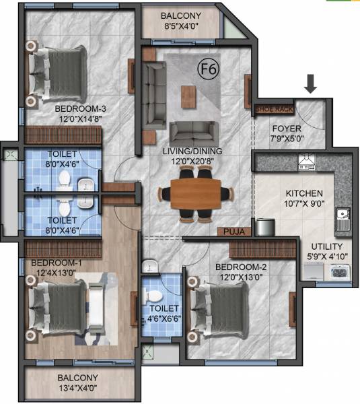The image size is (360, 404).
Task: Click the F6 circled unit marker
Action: pyautogui.click(x=206, y=67)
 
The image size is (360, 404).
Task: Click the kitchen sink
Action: pyautogui.click(x=343, y=215)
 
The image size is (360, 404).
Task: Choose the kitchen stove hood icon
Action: pyautogui.click(x=305, y=162)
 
